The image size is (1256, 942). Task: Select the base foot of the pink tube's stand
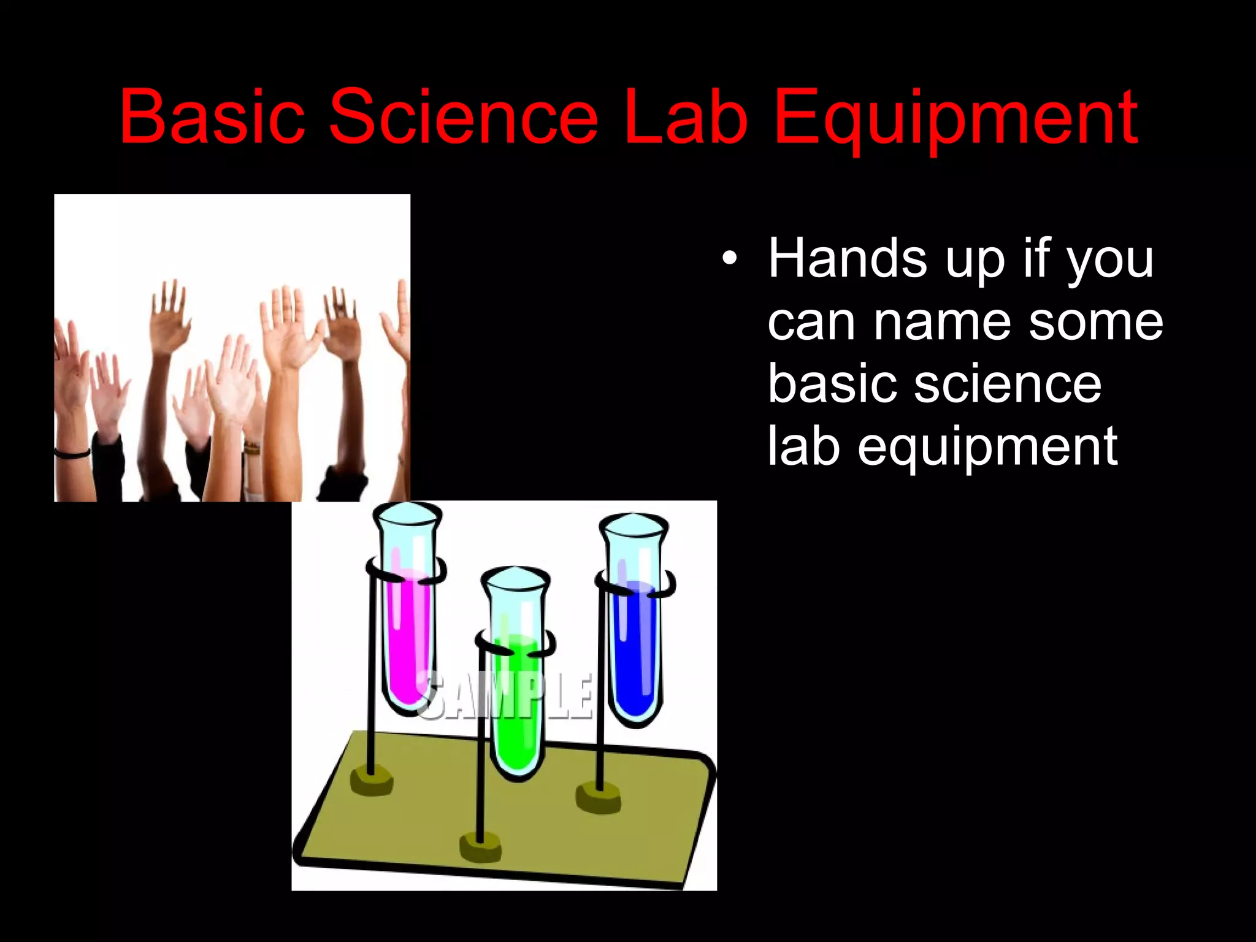click(x=372, y=782)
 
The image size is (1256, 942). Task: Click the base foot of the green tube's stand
click(x=481, y=848)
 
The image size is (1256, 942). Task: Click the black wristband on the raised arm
click(x=72, y=453)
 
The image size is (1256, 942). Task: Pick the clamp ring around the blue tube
click(x=635, y=585)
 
